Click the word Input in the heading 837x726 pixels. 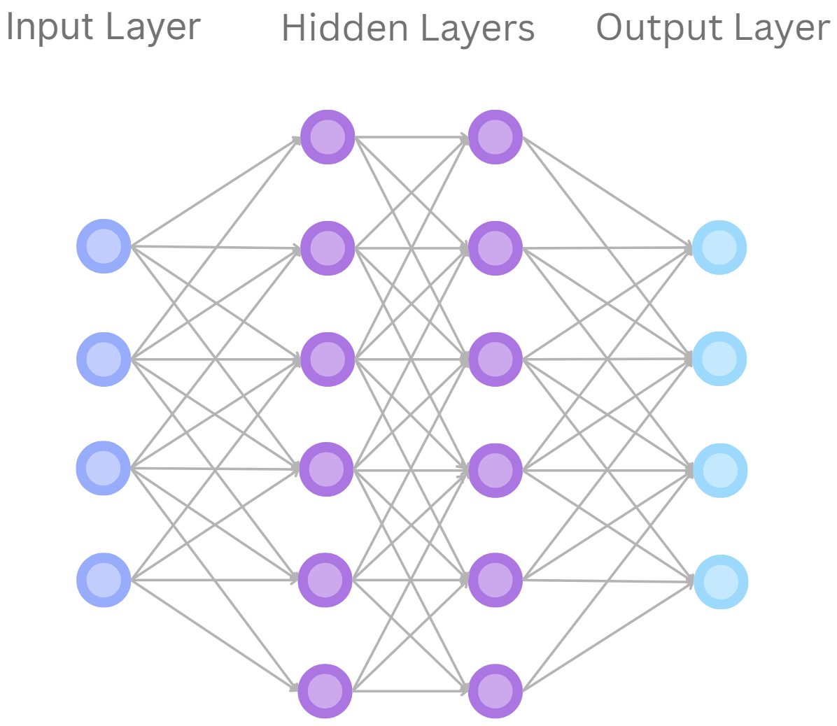point(43,28)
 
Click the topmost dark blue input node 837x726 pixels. point(104,246)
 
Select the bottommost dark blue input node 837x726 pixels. point(104,580)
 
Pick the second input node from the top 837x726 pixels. point(104,360)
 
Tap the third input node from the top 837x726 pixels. point(104,468)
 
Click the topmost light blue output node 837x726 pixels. point(719,247)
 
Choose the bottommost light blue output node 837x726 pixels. point(721,582)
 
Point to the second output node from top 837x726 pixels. point(719,360)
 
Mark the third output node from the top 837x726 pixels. point(719,470)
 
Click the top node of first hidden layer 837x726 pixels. point(328,137)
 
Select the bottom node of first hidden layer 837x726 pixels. point(325,691)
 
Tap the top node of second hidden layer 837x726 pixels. point(495,137)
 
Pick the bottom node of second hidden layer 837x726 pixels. point(495,691)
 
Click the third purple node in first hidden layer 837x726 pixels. point(328,360)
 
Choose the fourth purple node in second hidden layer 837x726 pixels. point(495,470)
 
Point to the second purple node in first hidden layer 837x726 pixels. point(328,248)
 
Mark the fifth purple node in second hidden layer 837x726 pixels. point(495,580)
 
